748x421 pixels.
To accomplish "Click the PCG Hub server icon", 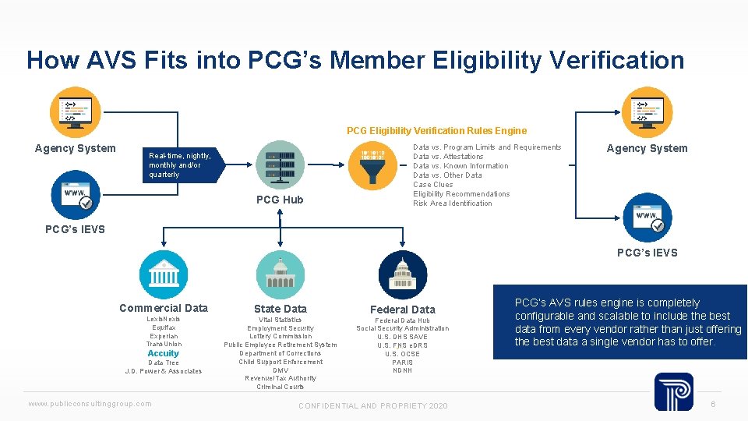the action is [280, 165].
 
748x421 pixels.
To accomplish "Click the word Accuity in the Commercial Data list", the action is [164, 353].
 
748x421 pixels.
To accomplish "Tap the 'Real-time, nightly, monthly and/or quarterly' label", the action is [179, 165].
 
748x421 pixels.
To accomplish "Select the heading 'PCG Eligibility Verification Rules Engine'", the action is [436, 131].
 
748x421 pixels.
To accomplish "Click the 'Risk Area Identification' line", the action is [453, 203].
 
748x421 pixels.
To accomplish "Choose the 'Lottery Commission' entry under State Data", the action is [280, 336].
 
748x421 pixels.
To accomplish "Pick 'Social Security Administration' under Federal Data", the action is [403, 328].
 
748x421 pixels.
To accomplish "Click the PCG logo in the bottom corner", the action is [673, 392].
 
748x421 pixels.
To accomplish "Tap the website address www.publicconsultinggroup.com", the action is [90, 403].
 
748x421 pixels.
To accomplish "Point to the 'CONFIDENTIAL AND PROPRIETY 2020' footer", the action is [373, 406].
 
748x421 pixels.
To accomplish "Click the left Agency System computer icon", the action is [75, 111].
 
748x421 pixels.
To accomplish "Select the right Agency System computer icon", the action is [647, 111].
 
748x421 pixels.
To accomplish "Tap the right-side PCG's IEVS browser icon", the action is [647, 217].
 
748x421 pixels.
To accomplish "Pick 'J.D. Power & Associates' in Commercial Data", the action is [164, 371].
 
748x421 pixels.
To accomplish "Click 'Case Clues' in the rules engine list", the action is [433, 185].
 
